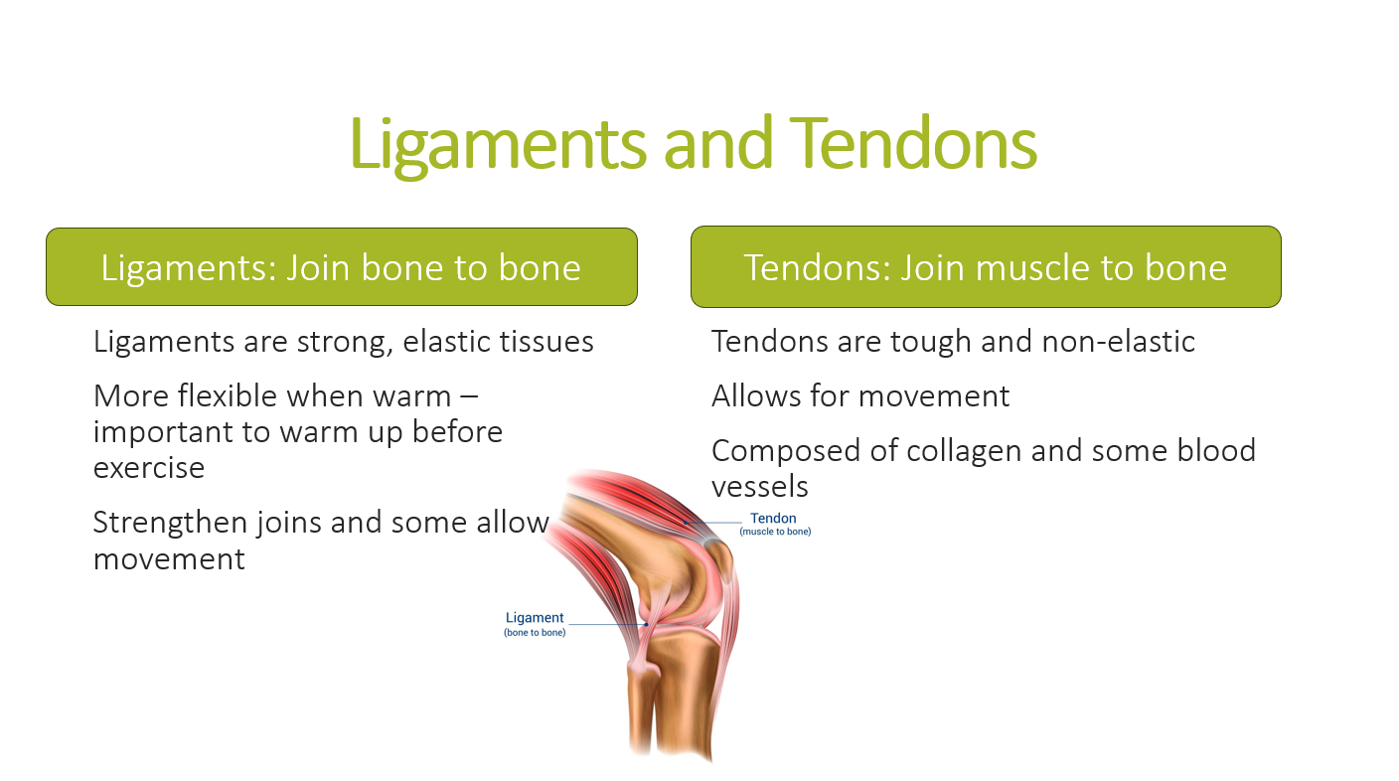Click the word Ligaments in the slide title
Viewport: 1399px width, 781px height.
(x=498, y=145)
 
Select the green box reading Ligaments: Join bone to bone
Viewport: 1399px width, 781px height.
(x=342, y=266)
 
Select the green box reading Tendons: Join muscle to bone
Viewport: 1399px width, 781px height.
(x=986, y=266)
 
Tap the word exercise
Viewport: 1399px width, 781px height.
(x=149, y=469)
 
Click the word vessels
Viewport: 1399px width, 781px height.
(x=759, y=487)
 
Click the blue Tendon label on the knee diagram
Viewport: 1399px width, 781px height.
(x=773, y=518)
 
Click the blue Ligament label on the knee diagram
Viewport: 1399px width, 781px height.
(x=535, y=617)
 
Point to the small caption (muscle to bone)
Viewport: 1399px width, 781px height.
(x=775, y=531)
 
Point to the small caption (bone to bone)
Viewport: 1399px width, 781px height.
(x=535, y=632)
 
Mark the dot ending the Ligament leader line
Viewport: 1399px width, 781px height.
(x=646, y=624)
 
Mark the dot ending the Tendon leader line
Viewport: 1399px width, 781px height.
(x=686, y=523)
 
